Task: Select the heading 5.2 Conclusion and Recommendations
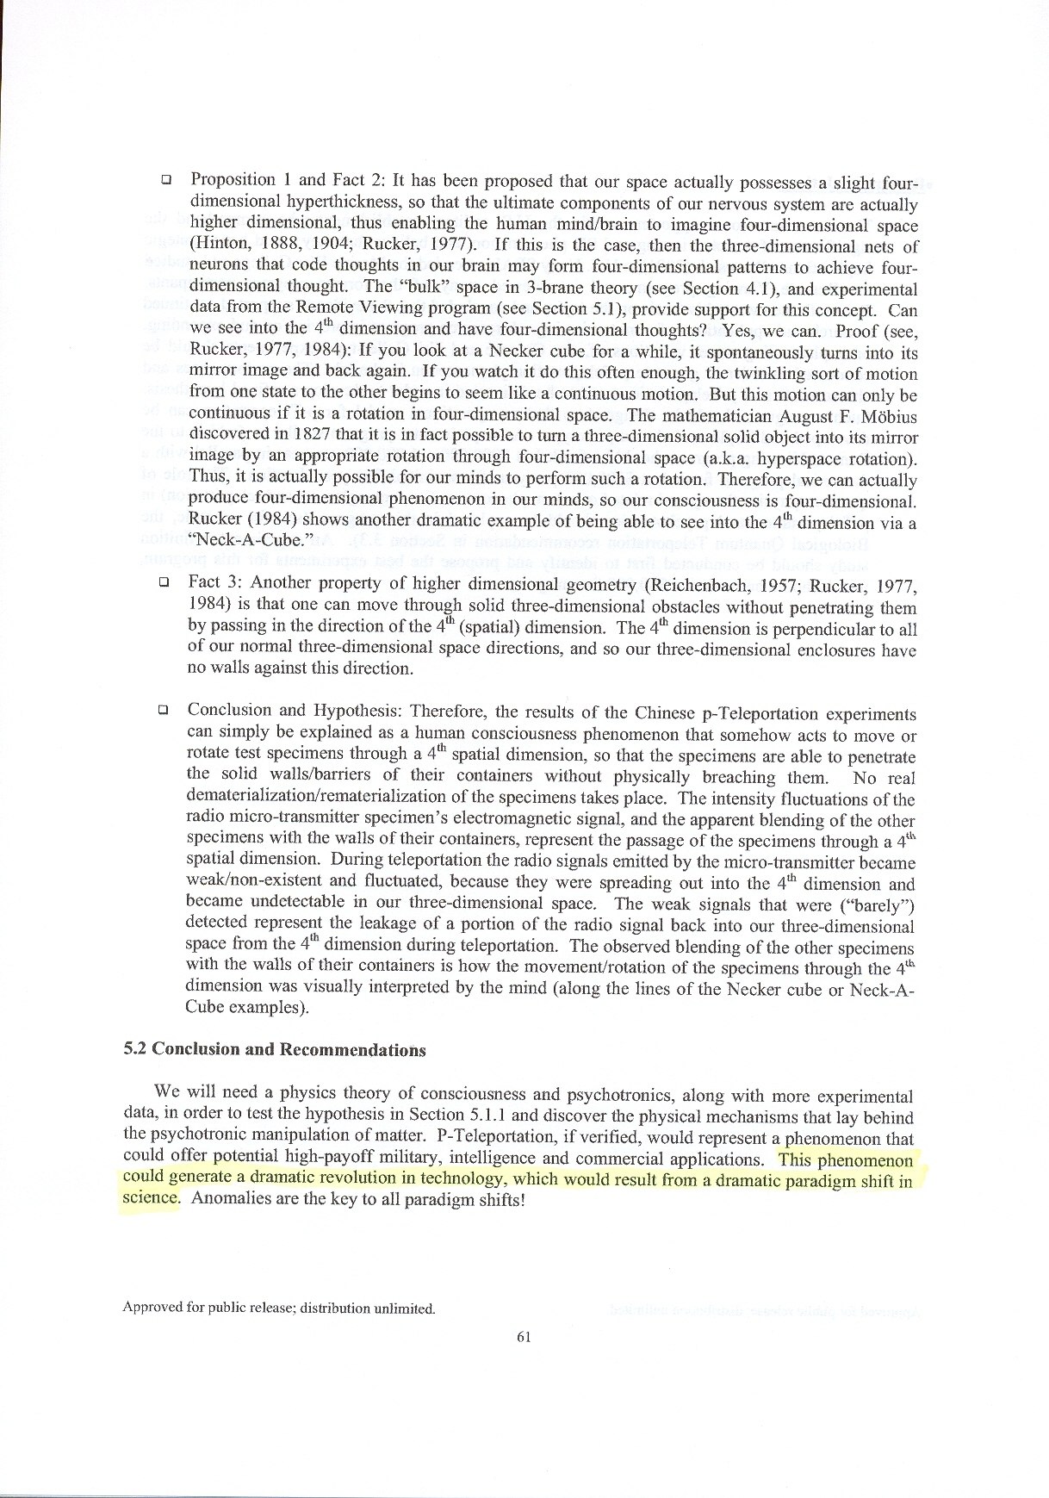pos(275,1049)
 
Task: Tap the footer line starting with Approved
pos(279,1308)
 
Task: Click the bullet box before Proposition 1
pos(165,181)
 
